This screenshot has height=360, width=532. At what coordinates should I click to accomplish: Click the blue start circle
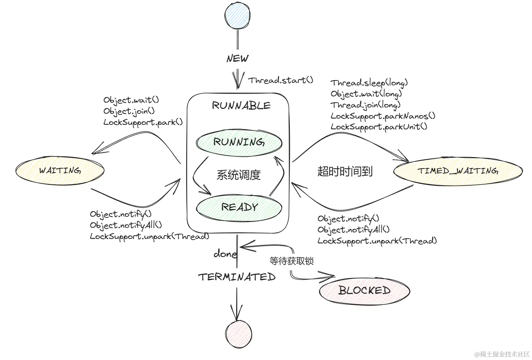click(x=238, y=16)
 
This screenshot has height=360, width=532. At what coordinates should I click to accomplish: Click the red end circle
click(x=238, y=334)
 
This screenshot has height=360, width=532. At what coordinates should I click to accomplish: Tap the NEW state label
click(x=237, y=58)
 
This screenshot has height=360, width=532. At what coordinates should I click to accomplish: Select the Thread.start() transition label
click(x=280, y=80)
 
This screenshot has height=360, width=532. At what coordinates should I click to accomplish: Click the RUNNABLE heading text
click(x=241, y=105)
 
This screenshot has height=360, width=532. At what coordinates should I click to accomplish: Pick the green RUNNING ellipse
click(x=239, y=142)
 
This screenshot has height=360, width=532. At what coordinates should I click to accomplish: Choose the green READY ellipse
click(x=239, y=207)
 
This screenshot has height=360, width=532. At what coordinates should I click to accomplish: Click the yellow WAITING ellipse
click(x=60, y=171)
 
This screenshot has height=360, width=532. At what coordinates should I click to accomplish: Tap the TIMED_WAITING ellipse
click(x=458, y=171)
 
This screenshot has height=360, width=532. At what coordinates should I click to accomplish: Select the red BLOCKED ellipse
click(x=364, y=291)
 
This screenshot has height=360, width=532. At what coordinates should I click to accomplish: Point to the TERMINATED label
click(x=237, y=277)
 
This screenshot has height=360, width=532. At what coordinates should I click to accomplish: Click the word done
click(x=225, y=254)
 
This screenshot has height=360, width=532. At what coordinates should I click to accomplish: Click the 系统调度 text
click(x=238, y=175)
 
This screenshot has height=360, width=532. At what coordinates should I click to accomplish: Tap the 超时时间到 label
click(x=345, y=171)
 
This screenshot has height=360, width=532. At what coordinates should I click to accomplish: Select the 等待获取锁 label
click(x=292, y=261)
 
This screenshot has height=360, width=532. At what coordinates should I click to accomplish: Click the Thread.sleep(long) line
click(x=369, y=83)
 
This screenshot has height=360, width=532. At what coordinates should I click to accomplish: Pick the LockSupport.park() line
click(x=143, y=122)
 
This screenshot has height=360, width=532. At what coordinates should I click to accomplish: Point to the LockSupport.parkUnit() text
click(x=379, y=127)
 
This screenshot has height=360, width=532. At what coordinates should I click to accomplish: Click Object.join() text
click(x=129, y=111)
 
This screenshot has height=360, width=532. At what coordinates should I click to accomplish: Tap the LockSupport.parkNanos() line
click(x=383, y=116)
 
